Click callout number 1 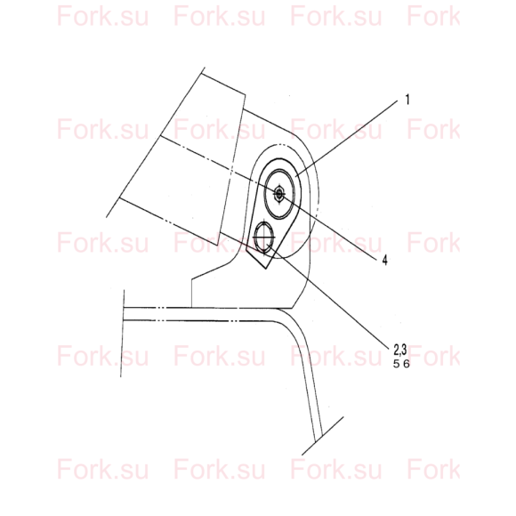point(407,100)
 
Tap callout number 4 point(384,260)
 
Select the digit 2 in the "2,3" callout point(397,350)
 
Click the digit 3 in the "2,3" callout point(404,350)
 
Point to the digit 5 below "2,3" point(396,364)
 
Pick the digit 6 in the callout point(407,364)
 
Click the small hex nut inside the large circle point(279,194)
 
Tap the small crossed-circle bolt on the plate point(263,237)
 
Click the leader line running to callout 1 point(347,139)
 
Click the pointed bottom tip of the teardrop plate point(266,269)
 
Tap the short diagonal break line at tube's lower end point(323,436)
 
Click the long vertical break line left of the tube point(123,333)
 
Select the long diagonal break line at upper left point(156,142)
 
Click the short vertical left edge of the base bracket point(192,294)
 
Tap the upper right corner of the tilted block point(246,95)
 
